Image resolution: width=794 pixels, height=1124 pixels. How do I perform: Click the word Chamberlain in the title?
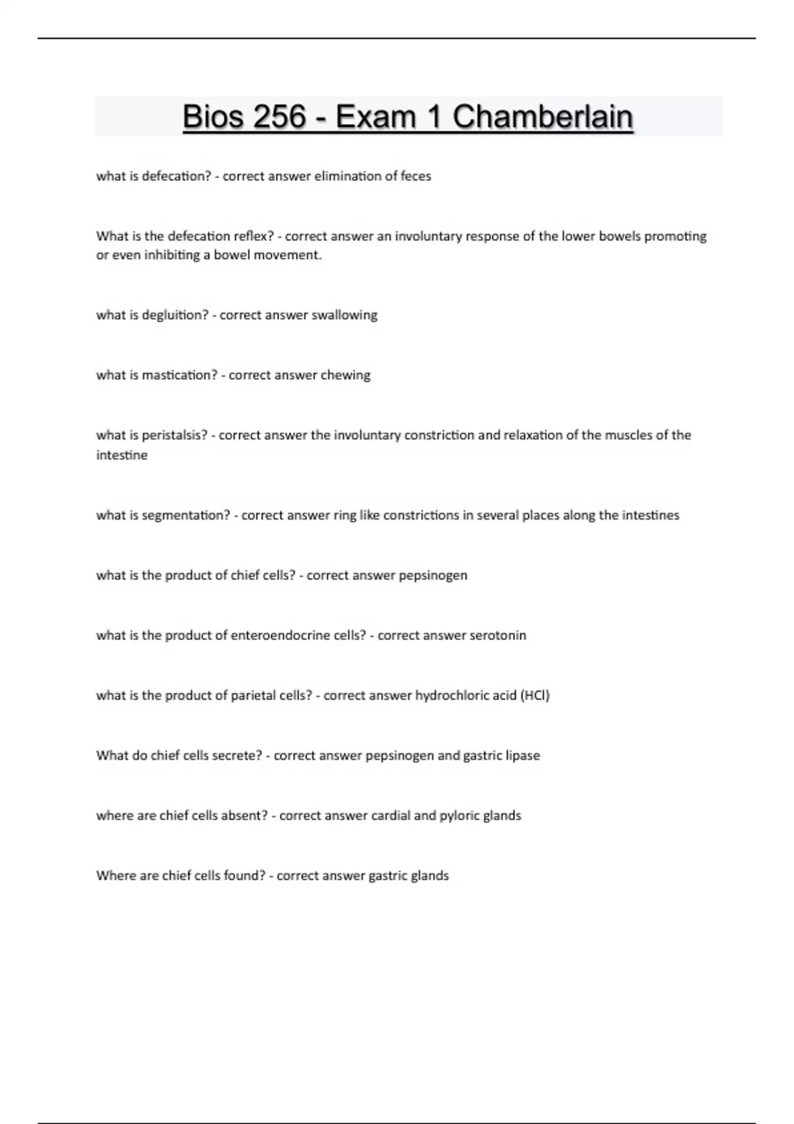(x=543, y=117)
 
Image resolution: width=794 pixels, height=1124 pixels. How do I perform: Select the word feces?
(x=416, y=176)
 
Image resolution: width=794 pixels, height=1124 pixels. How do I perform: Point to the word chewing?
(x=345, y=375)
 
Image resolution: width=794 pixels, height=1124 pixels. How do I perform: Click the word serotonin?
(x=498, y=635)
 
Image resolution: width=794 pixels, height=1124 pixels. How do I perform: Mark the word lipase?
(x=523, y=756)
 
